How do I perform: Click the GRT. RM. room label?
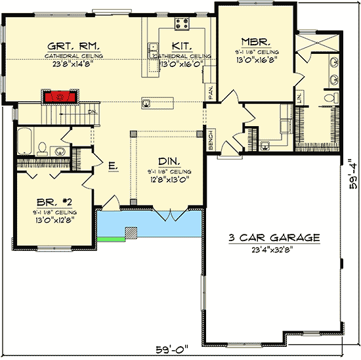click(73, 46)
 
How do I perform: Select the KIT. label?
click(181, 46)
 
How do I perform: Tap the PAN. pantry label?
click(211, 93)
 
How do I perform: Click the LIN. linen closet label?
click(299, 98)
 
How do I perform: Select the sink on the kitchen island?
click(148, 102)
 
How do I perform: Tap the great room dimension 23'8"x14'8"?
click(73, 64)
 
